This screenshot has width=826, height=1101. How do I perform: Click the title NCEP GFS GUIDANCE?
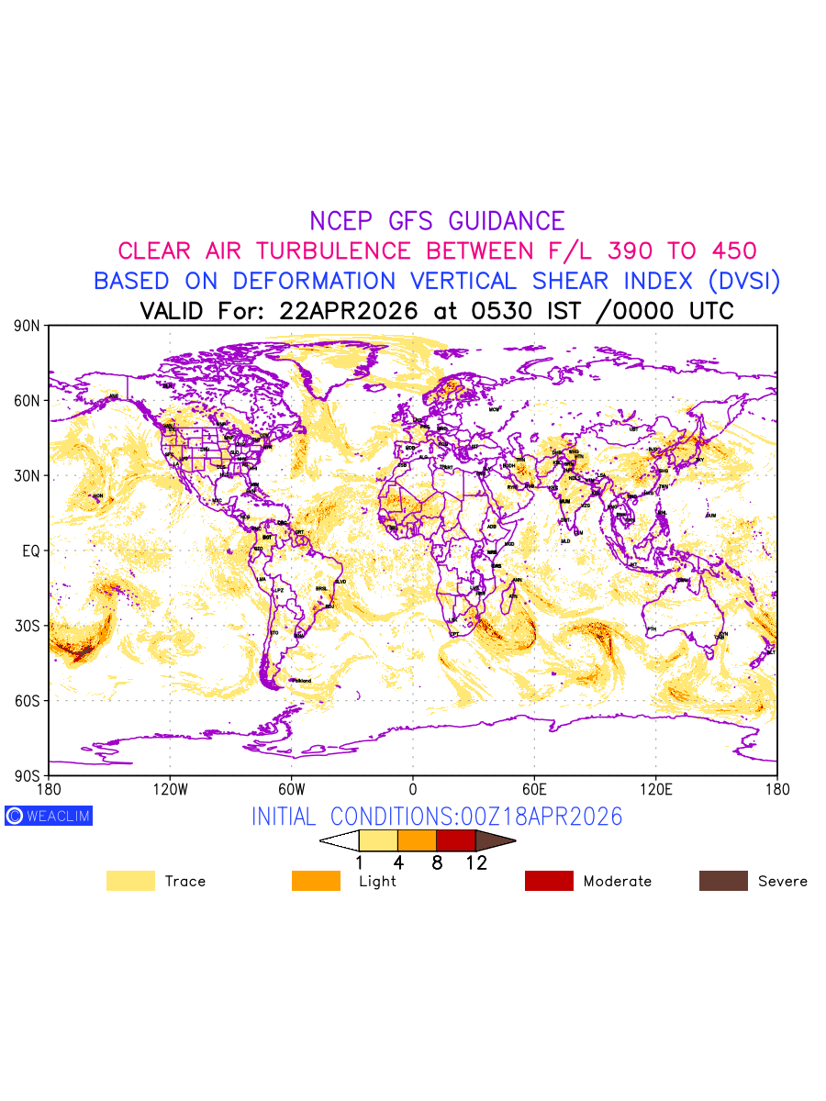click(x=437, y=221)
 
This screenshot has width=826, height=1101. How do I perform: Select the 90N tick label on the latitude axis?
click(x=28, y=326)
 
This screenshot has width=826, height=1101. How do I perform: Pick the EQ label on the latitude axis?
click(x=31, y=550)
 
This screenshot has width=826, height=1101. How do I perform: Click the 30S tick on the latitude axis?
click(x=28, y=626)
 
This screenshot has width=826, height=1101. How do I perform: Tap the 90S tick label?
click(x=28, y=775)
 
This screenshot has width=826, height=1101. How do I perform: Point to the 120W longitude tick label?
click(x=170, y=789)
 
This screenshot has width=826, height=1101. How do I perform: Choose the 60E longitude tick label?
click(x=534, y=789)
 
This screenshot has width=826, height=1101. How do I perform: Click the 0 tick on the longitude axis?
click(x=413, y=789)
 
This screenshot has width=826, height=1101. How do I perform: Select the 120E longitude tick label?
click(x=655, y=789)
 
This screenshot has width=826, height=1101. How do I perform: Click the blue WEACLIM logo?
click(x=49, y=816)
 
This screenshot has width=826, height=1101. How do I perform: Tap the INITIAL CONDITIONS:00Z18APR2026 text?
click(x=437, y=817)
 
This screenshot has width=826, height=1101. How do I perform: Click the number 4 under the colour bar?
click(x=398, y=862)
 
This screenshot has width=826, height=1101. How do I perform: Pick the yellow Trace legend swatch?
click(x=130, y=881)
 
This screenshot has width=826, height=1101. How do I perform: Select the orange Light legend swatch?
click(x=316, y=881)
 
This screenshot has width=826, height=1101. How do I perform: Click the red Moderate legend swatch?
click(x=549, y=881)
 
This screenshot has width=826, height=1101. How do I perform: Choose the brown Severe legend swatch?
click(x=723, y=881)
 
